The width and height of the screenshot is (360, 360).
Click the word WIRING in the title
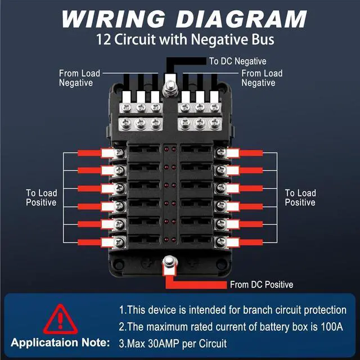pyautogui.click(x=114, y=19)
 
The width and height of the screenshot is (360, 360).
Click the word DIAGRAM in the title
pyautogui.click(x=241, y=19)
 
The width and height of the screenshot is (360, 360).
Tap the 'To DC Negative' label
pyautogui.click(x=237, y=61)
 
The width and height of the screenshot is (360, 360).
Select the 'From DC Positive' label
pyautogui.click(x=262, y=285)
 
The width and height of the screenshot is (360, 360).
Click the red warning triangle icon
pyautogui.click(x=60, y=319)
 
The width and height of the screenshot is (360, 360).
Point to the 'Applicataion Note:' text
pyautogui.click(x=60, y=343)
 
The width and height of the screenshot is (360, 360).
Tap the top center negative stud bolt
pyautogui.click(x=170, y=88)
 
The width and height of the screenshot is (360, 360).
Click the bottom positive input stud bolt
pyautogui.click(x=170, y=263)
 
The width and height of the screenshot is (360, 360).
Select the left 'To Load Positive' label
pyautogui.click(x=41, y=197)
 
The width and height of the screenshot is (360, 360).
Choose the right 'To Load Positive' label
pyautogui.click(x=300, y=197)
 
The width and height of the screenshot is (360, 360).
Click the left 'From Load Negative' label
pyautogui.click(x=79, y=78)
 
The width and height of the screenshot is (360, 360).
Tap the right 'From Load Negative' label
pyautogui.click(x=262, y=78)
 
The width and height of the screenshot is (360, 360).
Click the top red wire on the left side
pyautogui.click(x=89, y=153)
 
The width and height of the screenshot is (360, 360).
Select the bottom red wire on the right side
pyautogui.click(x=251, y=242)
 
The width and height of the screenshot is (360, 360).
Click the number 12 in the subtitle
pyautogui.click(x=103, y=40)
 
